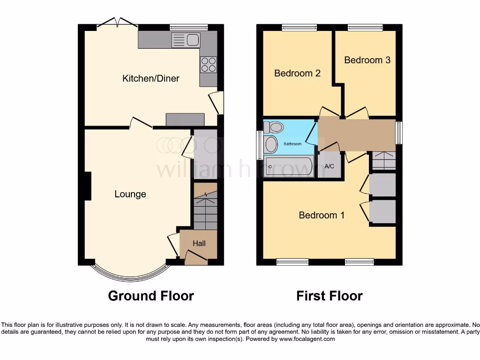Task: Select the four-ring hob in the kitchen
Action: click(x=208, y=64)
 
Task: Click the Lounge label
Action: click(x=130, y=194)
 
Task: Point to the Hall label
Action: click(x=199, y=243)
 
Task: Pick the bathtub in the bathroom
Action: click(x=289, y=166)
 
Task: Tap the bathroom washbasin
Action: click(x=271, y=144)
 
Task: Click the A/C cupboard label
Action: click(x=329, y=166)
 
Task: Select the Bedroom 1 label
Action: click(x=322, y=215)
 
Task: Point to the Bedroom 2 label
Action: click(x=297, y=73)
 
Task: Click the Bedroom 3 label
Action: click(x=367, y=60)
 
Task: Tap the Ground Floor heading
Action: click(x=151, y=296)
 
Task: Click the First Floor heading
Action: click(x=329, y=296)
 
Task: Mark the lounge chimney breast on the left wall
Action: click(x=87, y=186)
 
